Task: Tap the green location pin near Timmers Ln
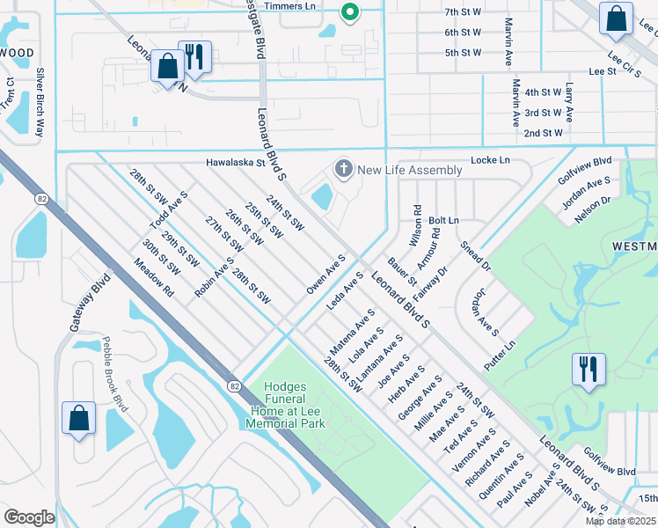click(x=349, y=12)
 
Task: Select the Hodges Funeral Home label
click(x=296, y=406)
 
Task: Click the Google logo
click(x=29, y=517)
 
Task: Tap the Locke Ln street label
click(x=490, y=161)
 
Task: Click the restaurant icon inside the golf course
click(x=588, y=369)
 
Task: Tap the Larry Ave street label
click(x=569, y=102)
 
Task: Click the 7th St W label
click(x=463, y=11)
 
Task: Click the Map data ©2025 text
click(x=620, y=521)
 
